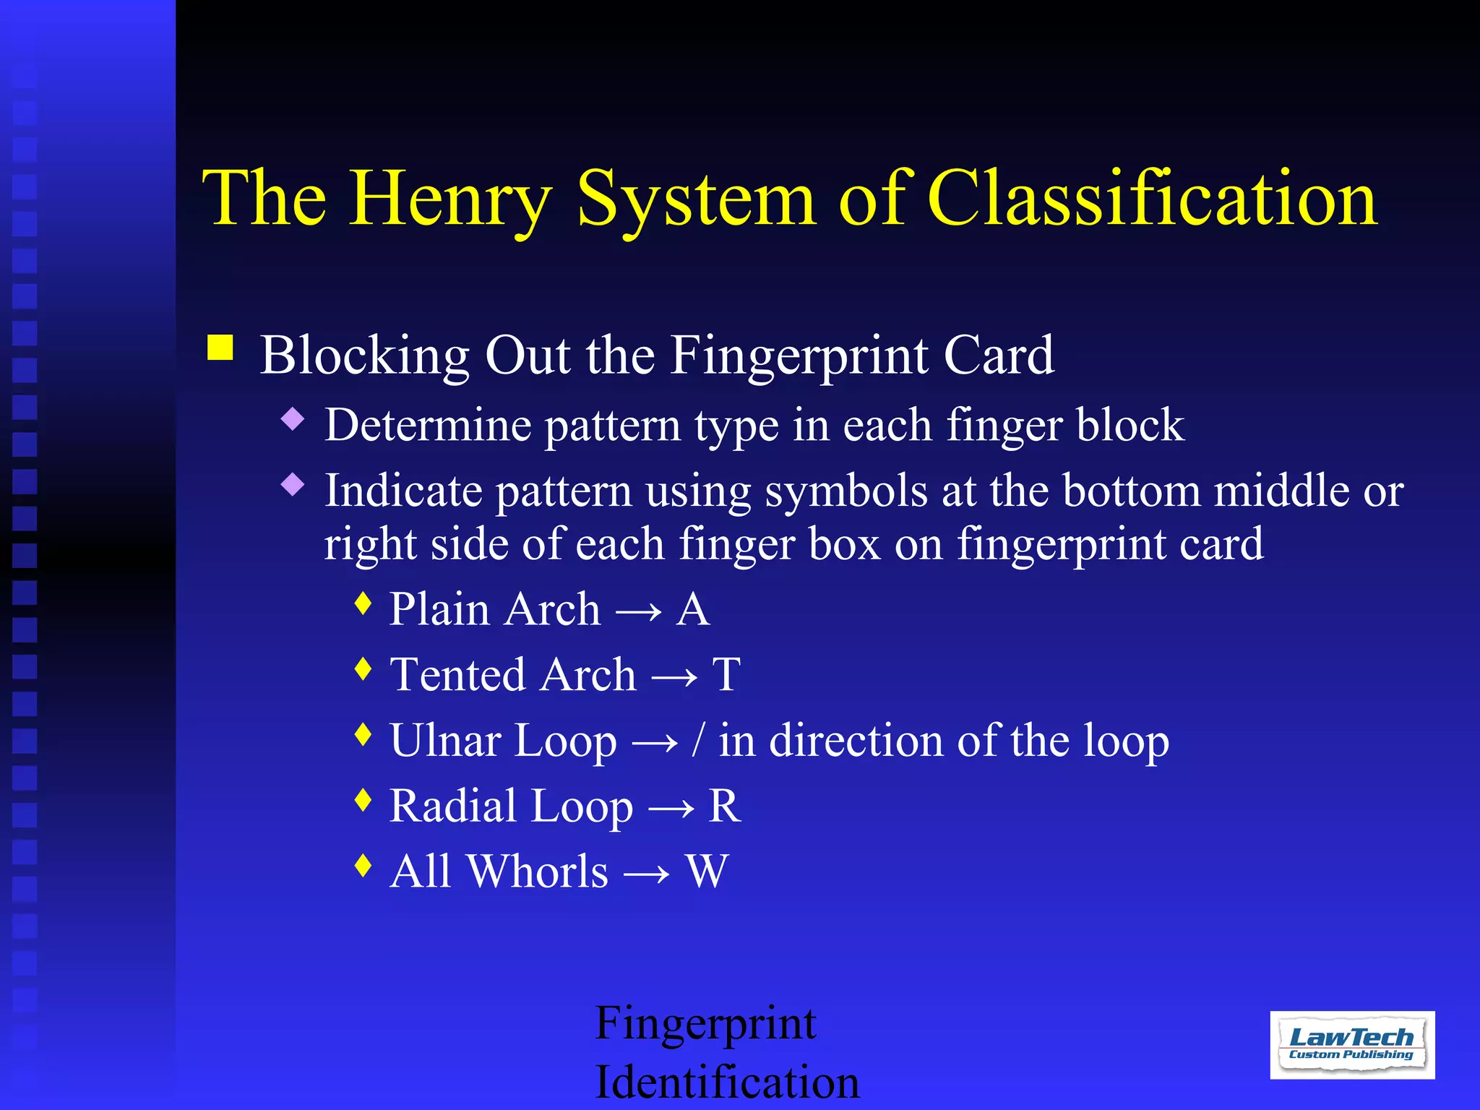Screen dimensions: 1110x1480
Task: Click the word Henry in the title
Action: pos(452,199)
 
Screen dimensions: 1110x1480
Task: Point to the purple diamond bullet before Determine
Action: pos(293,418)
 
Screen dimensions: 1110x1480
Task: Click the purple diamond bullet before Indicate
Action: pos(293,484)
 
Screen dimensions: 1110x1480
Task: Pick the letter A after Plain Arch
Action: pos(693,609)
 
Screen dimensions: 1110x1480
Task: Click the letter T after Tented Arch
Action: pos(726,675)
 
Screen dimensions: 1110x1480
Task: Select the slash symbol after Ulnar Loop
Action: pos(697,740)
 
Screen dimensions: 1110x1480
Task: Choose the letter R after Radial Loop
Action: pos(724,806)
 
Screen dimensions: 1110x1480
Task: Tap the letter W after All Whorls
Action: pos(707,872)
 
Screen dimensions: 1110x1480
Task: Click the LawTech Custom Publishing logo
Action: pos(1352,1045)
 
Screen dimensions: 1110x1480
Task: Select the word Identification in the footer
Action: pos(727,1082)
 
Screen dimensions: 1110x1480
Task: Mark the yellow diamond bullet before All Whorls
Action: pos(363,865)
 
